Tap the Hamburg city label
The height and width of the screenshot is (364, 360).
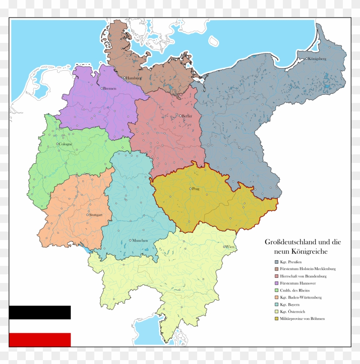(134, 78)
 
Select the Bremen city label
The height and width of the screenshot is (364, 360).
(110, 88)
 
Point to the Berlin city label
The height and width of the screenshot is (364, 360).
(187, 116)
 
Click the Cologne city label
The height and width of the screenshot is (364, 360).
(66, 144)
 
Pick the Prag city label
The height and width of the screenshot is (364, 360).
(196, 189)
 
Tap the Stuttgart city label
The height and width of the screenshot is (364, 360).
(97, 214)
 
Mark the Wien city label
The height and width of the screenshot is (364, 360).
(230, 247)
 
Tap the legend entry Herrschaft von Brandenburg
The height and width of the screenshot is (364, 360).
(303, 276)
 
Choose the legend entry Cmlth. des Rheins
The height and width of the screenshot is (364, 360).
(295, 290)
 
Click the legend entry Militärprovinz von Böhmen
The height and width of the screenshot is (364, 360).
(302, 319)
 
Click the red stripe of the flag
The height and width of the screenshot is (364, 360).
(39, 340)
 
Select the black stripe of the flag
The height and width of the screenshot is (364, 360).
(39, 313)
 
